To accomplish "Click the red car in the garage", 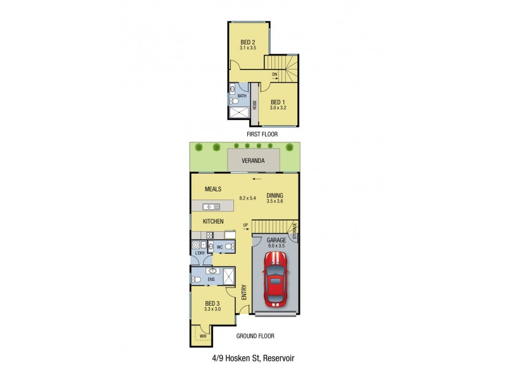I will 275,279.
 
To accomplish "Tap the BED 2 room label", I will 247,42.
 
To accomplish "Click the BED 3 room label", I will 212,303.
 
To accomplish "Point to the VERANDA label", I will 253,160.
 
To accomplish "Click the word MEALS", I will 213,189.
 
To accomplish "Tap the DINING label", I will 275,195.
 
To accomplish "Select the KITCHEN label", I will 213,222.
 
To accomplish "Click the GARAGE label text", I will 276,241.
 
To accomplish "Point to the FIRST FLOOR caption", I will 262,135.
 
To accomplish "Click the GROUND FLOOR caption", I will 255,336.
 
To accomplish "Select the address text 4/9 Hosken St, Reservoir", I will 253,358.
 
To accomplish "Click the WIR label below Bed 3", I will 202,336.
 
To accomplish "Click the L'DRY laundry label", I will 200,253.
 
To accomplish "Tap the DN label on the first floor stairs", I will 275,75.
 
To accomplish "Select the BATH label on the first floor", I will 242,96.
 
